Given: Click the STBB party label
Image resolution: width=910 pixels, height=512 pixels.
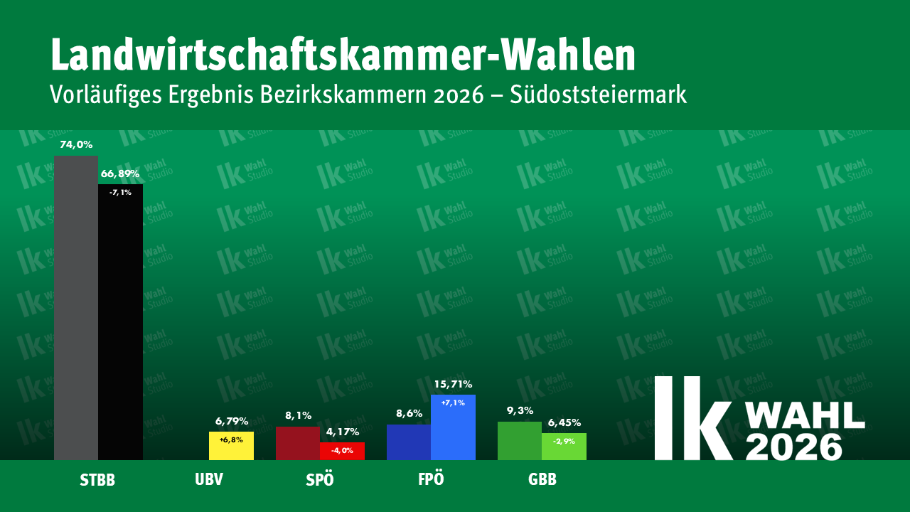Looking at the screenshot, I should tap(97, 480).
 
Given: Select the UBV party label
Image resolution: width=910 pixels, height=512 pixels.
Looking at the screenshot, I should tap(209, 479).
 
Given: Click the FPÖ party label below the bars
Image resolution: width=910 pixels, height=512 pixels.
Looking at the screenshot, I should tap(431, 479).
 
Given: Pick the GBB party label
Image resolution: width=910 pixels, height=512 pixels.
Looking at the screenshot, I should tap(542, 479).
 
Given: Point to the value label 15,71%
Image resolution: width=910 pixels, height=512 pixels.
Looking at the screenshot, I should tap(453, 385).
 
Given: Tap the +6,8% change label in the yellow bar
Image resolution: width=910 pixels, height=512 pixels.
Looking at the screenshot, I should tap(231, 440).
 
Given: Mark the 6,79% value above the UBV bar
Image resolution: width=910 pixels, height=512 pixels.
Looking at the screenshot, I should tap(231, 422).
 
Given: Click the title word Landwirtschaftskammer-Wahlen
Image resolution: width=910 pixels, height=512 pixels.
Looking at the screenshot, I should tap(343, 55).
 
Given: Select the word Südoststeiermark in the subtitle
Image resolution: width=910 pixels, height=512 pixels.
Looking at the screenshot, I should tap(599, 95).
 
